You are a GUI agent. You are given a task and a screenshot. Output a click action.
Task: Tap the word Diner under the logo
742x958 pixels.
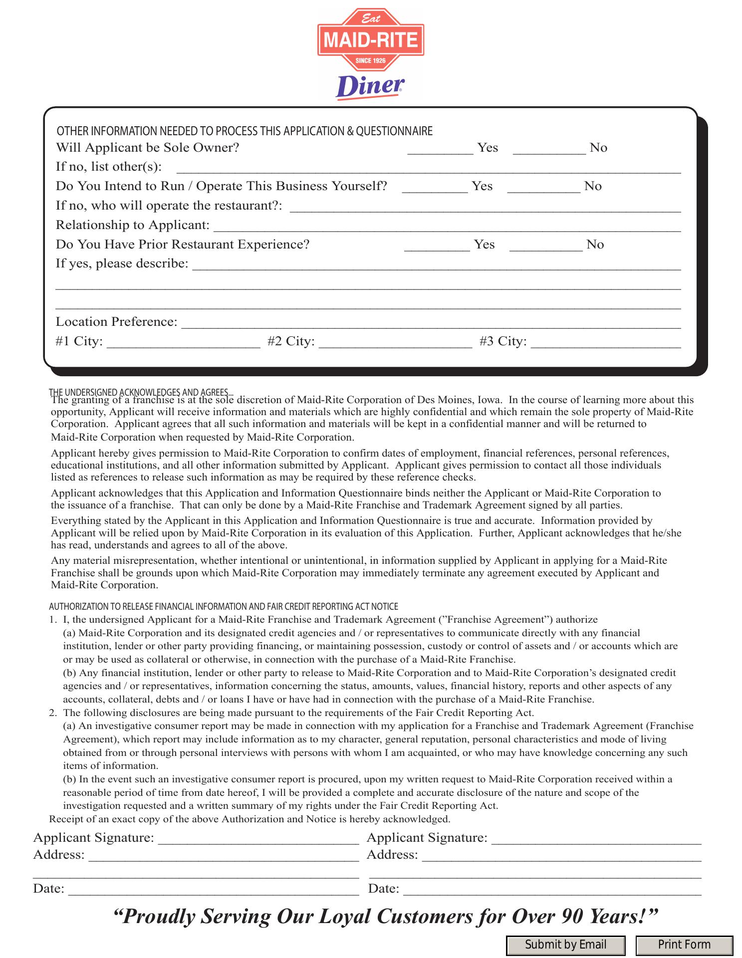(369, 87)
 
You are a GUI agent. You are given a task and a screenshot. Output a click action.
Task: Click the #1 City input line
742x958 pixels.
(183, 343)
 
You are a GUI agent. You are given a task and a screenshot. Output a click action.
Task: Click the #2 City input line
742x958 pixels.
(395, 343)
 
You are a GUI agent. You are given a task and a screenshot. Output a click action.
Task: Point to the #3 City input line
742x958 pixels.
(605, 343)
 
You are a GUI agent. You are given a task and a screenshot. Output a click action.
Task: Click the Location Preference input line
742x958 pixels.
(430, 324)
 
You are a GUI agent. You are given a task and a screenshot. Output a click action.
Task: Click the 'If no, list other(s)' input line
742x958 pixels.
(429, 169)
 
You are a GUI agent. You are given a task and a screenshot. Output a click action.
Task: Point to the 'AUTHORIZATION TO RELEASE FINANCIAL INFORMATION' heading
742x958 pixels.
(223, 607)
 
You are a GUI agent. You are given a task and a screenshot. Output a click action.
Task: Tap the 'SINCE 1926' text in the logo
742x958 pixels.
(371, 61)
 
